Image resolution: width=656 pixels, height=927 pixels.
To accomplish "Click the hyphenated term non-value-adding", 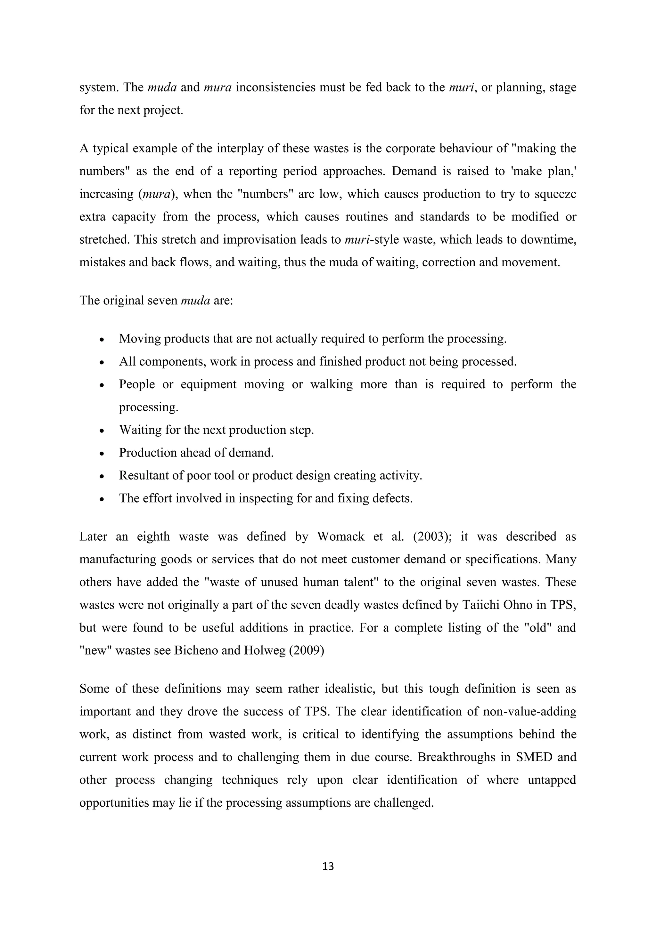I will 529,711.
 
